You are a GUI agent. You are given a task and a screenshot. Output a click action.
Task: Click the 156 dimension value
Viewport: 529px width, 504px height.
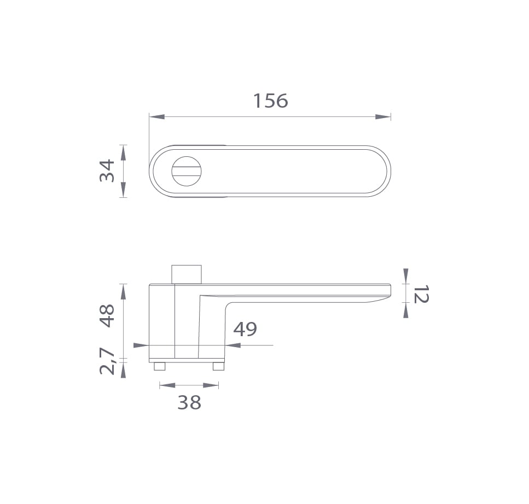[x=271, y=101]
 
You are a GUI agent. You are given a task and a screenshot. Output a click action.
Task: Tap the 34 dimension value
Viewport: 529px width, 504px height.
[x=107, y=171]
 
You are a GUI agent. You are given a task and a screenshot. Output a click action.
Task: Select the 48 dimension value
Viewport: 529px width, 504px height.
[x=107, y=315]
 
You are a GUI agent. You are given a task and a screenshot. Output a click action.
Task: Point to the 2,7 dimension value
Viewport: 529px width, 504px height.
[x=107, y=361]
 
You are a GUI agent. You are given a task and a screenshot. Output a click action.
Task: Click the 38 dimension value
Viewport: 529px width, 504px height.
[x=189, y=402]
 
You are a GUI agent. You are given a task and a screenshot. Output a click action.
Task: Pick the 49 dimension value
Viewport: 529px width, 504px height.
[x=245, y=329]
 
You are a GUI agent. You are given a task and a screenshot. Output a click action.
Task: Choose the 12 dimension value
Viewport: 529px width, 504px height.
[x=421, y=294]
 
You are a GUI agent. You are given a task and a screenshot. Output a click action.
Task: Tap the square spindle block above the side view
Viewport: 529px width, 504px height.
[x=187, y=274]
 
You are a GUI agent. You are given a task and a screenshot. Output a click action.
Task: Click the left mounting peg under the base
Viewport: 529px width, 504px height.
[x=160, y=366]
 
